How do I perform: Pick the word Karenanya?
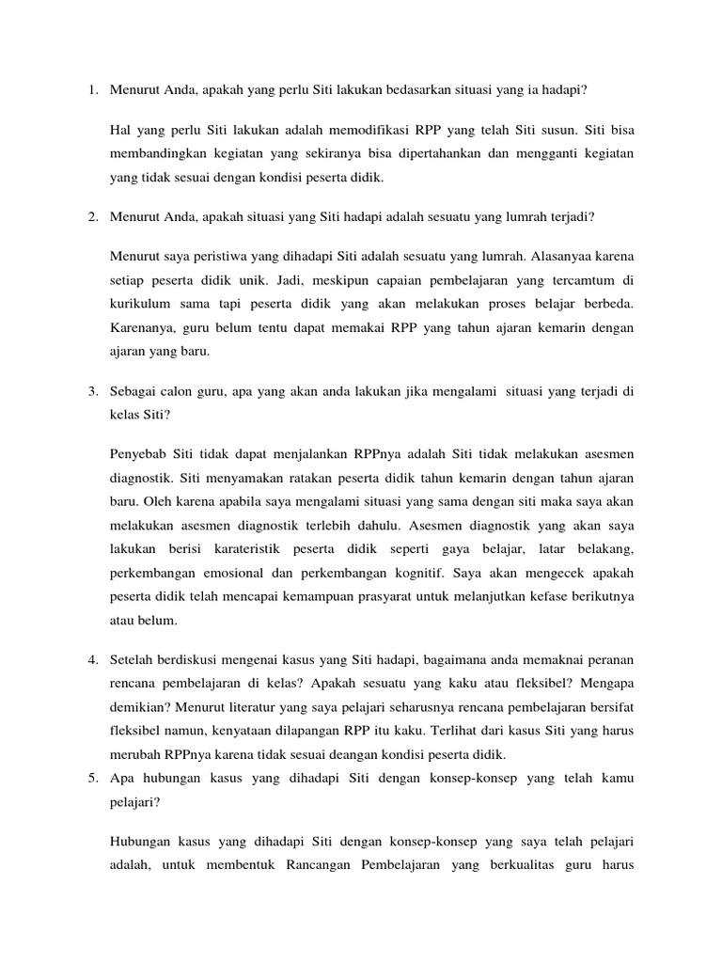click(143, 328)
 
